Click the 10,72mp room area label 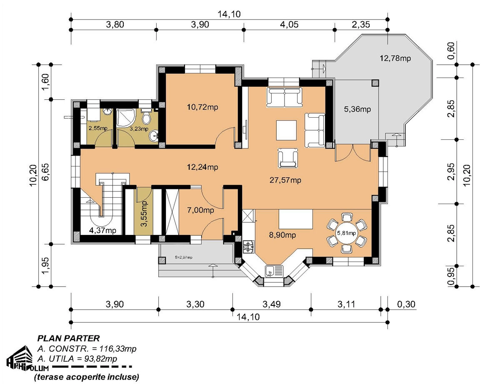click(x=202, y=107)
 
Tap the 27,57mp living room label click(x=285, y=180)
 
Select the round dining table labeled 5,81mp click(x=346, y=233)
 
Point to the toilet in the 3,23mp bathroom click(x=146, y=116)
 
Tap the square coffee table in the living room click(x=286, y=130)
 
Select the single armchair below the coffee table click(x=288, y=158)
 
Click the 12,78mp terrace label click(x=395, y=58)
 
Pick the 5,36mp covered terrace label click(x=357, y=109)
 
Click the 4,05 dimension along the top click(x=289, y=25)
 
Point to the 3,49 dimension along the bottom click(x=272, y=305)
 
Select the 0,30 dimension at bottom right click(x=406, y=305)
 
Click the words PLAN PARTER click(x=69, y=338)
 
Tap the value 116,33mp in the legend click(x=118, y=349)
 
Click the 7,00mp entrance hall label click(x=200, y=210)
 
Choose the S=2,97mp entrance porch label click(x=184, y=257)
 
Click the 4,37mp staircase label click(x=102, y=230)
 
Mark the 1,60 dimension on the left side click(x=45, y=82)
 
